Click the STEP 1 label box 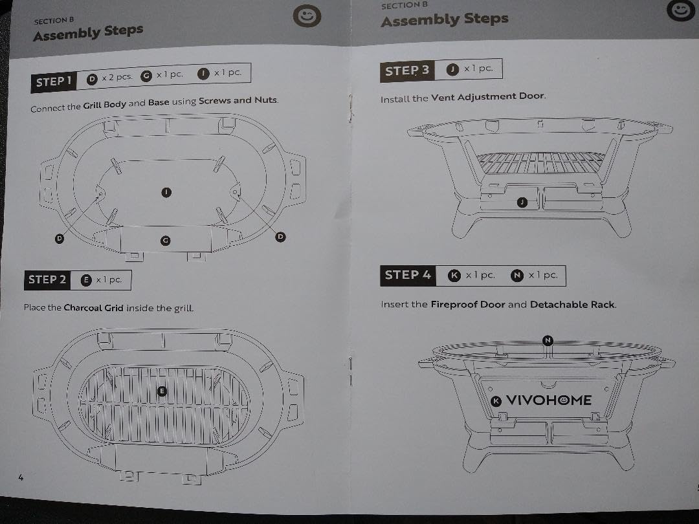pyautogui.click(x=54, y=82)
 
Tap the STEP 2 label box pyautogui.click(x=47, y=280)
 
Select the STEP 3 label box pyautogui.click(x=407, y=71)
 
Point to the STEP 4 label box pyautogui.click(x=408, y=276)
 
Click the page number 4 pyautogui.click(x=21, y=477)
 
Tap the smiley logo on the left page pyautogui.click(x=307, y=16)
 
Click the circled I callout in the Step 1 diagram pyautogui.click(x=166, y=193)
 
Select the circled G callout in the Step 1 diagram pyautogui.click(x=166, y=241)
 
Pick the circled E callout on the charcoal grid pyautogui.click(x=162, y=391)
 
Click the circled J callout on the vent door pyautogui.click(x=522, y=202)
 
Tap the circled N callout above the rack pyautogui.click(x=548, y=341)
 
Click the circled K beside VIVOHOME pyautogui.click(x=496, y=402)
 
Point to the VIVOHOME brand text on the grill pyautogui.click(x=549, y=400)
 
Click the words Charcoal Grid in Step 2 pyautogui.click(x=94, y=307)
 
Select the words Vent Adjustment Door pyautogui.click(x=488, y=96)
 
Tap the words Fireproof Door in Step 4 pyautogui.click(x=468, y=304)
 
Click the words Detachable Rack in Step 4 pyautogui.click(x=572, y=304)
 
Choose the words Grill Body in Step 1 pyautogui.click(x=104, y=105)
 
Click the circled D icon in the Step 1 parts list pyautogui.click(x=92, y=80)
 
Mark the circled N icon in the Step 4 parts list pyautogui.click(x=516, y=276)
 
